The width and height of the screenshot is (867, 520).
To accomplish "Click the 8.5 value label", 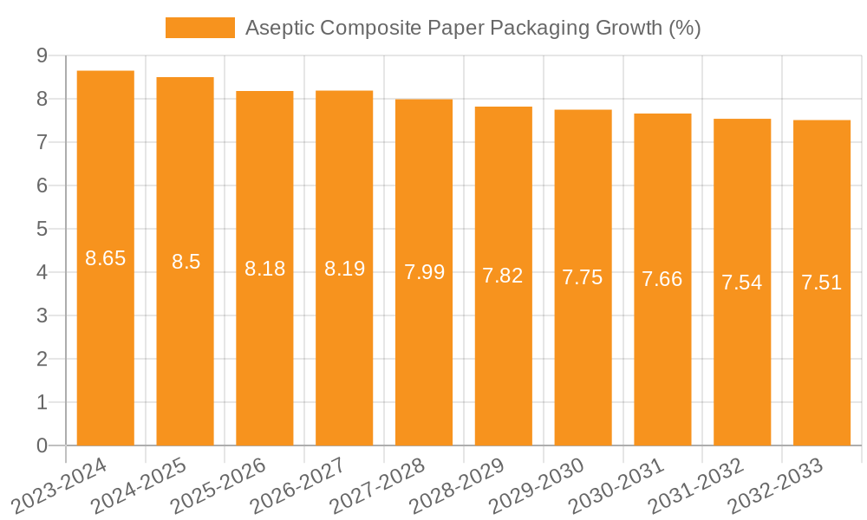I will point(186,262).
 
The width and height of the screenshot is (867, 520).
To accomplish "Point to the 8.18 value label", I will point(264,269).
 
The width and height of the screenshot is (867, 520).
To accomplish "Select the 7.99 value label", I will point(424,272).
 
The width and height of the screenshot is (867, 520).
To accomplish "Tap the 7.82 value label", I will point(503,276).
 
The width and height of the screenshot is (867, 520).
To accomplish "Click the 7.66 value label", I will point(662,279).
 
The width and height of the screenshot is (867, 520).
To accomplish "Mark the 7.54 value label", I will point(742,282).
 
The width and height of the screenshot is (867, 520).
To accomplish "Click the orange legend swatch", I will point(200,28).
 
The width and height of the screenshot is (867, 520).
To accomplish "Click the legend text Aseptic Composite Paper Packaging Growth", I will point(473,28).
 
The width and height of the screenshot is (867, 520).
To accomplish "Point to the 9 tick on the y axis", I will point(42,55).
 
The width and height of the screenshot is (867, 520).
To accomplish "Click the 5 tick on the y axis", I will point(42,229).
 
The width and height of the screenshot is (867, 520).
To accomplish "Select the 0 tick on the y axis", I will point(42,445).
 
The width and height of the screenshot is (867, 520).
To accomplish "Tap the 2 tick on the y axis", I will point(42,359).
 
